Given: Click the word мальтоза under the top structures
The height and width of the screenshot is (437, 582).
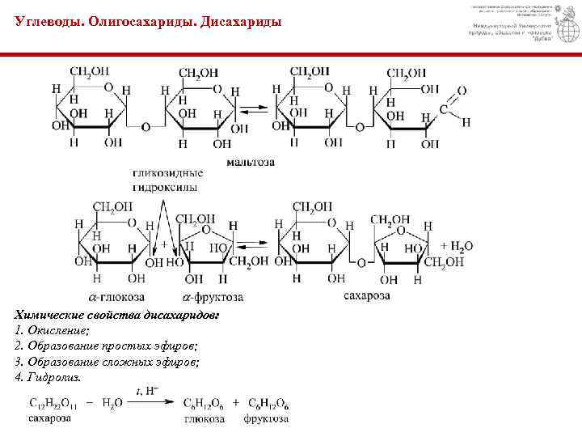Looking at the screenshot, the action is tap(250, 162).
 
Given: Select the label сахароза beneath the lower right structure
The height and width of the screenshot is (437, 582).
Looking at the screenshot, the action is tap(366, 296).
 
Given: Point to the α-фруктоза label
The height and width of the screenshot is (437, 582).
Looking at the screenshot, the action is tap(213, 297).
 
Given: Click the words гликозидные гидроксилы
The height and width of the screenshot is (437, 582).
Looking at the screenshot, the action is tap(168, 180).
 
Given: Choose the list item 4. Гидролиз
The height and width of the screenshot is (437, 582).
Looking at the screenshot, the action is tap(48, 377).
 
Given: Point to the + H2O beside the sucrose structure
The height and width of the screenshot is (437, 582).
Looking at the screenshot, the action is tap(457, 245).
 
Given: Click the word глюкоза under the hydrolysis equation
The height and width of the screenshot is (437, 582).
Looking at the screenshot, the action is tap(204, 419).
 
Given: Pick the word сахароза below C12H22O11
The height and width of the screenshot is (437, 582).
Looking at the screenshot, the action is tap(49, 418).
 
